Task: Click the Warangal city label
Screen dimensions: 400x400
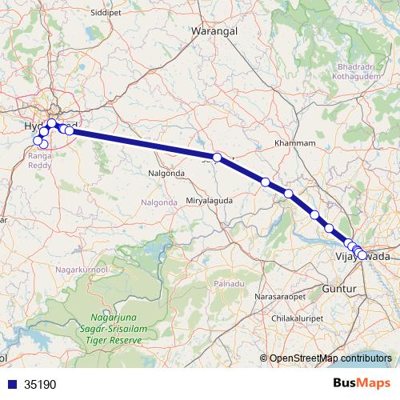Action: tap(211, 31)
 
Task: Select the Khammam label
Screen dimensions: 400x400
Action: tap(290, 142)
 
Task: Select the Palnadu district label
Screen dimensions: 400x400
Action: tap(229, 285)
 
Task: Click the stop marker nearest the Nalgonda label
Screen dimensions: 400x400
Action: tap(217, 157)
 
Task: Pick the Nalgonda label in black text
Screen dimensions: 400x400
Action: tap(167, 173)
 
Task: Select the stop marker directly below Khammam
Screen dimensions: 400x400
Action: tap(288, 194)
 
